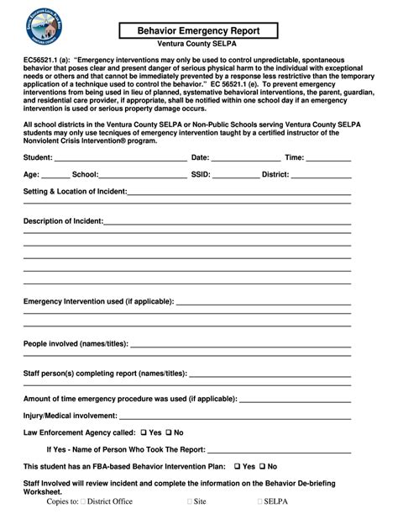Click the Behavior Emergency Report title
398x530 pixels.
[199, 30]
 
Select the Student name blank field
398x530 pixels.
[120, 158]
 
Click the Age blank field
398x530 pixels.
[55, 176]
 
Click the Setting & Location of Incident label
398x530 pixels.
[75, 192]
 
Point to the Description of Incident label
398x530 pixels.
[63, 220]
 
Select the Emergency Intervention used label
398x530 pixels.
[99, 300]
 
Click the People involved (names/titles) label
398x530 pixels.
[76, 343]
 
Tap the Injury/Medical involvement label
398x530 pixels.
[70, 416]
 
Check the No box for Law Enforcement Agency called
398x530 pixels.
[168, 432]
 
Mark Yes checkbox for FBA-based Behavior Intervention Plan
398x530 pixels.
[238, 466]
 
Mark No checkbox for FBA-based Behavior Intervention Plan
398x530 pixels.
[263, 466]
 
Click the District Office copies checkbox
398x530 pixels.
[84, 501]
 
